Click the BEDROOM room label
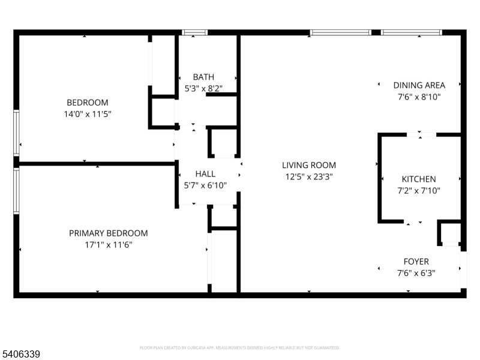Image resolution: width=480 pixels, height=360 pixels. tap(88, 102)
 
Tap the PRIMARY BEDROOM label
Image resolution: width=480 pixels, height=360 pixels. tap(109, 233)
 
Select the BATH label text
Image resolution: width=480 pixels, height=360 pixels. tap(203, 77)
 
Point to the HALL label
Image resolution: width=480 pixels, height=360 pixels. tap(205, 174)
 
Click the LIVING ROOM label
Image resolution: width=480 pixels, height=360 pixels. tap(309, 166)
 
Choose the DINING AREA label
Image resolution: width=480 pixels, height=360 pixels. tap(419, 85)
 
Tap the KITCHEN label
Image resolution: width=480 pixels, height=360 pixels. tap(419, 179)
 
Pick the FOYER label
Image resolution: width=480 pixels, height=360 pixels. tap(416, 262)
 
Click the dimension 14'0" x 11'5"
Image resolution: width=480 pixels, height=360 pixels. tap(88, 114)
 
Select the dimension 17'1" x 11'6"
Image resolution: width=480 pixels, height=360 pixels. tap(109, 245)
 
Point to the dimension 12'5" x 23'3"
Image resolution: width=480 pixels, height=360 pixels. tap(309, 177)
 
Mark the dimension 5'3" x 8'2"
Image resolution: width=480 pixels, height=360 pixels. tap(203, 88)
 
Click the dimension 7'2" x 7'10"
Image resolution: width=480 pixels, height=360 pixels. tap(419, 191)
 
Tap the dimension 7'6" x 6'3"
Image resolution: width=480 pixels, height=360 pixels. tap(416, 273)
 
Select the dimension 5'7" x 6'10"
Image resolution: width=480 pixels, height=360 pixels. tap(205, 185)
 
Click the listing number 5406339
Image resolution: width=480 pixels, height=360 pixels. tap(20, 354)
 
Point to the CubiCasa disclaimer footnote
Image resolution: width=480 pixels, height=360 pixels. tap(239, 348)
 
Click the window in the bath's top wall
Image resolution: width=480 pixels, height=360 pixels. tap(194, 32)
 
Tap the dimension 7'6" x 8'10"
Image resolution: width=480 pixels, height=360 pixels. tap(419, 97)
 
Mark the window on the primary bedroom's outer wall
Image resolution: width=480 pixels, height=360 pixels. tap(16, 190)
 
